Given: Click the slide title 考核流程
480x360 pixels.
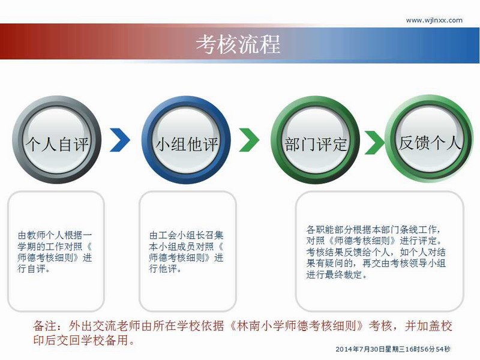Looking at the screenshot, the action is point(238,44).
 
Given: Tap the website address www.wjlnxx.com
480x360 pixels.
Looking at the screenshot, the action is point(434,20).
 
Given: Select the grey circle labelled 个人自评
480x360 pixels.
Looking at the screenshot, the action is point(56,140).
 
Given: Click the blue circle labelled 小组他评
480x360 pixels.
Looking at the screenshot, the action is point(186,140).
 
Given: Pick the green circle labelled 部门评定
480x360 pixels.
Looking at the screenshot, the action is point(316,140).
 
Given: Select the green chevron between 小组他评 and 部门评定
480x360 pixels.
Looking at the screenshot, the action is point(249,140).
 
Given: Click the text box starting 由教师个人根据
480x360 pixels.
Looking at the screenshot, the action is point(56,251).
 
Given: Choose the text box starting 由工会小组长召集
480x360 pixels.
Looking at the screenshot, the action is point(188,251).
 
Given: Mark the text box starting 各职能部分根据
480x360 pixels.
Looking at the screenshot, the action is point(380,251).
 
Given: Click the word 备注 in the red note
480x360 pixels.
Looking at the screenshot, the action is point(44,326).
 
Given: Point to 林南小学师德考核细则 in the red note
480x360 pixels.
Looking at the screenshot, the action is point(296,326).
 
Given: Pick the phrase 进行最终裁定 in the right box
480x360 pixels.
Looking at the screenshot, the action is point(334,275).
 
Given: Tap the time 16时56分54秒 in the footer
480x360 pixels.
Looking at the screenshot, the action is point(428,349).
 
